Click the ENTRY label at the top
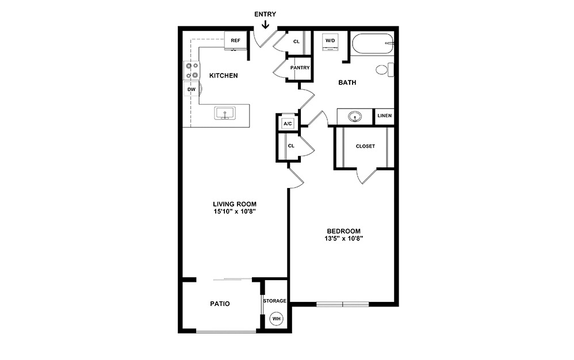[x=265, y=14]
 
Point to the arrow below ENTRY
[x=265, y=25]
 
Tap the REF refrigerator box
[x=235, y=41]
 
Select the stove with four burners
[x=192, y=70]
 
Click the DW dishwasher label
[x=191, y=90]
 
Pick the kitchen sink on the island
[x=224, y=113]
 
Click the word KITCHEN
[x=223, y=76]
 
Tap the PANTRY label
[x=300, y=68]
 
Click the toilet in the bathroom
[x=384, y=70]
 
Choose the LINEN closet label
[x=384, y=116]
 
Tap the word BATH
[x=347, y=83]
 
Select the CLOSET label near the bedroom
[x=365, y=146]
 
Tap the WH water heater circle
[x=276, y=319]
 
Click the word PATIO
[x=219, y=304]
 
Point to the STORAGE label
[x=274, y=301]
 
